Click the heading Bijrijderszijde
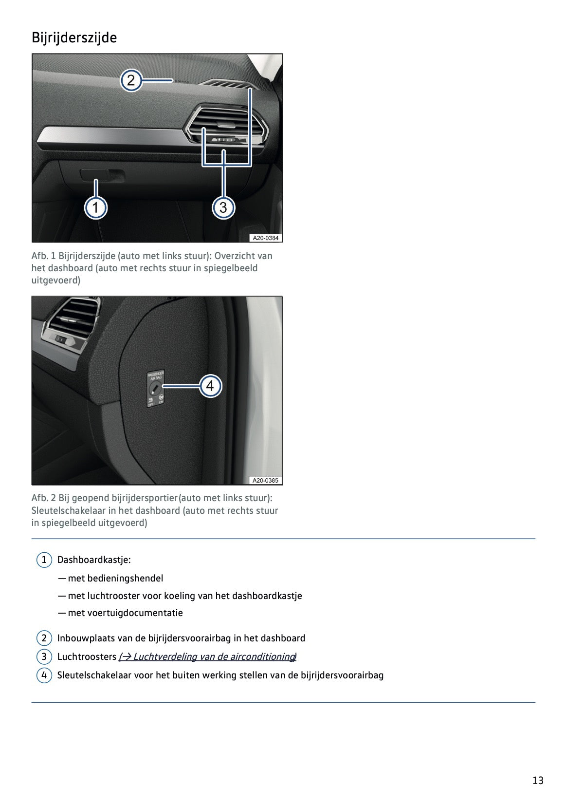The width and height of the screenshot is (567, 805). click(x=74, y=37)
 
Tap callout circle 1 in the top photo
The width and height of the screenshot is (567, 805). click(x=96, y=208)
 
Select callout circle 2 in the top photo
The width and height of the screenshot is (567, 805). click(x=131, y=80)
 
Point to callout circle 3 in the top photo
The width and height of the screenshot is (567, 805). click(x=223, y=208)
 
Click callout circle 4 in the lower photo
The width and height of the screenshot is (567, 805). click(x=210, y=386)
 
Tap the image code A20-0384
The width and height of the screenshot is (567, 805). click(x=265, y=238)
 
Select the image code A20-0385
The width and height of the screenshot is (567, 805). click(x=265, y=480)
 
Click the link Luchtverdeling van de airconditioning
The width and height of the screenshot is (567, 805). click(x=208, y=656)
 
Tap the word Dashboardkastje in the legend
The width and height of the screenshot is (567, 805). click(x=93, y=560)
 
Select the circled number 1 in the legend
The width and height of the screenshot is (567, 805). click(x=44, y=560)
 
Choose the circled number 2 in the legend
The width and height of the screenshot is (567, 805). click(x=44, y=638)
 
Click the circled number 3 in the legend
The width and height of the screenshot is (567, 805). click(x=44, y=656)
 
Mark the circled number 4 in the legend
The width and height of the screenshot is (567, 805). click(x=44, y=675)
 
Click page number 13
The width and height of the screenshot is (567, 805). click(x=537, y=780)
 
